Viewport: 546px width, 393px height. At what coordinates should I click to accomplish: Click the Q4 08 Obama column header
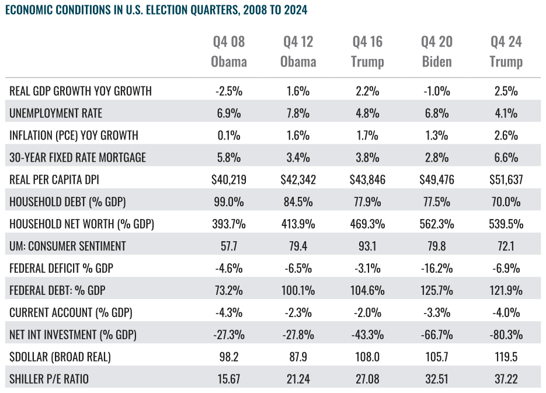point(229,51)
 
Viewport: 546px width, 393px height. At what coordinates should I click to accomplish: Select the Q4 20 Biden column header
point(437,51)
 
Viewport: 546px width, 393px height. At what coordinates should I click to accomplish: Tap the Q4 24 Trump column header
point(506,51)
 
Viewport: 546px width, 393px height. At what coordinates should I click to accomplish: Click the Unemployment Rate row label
point(55,113)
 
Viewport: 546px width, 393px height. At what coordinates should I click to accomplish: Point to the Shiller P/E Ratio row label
point(49,379)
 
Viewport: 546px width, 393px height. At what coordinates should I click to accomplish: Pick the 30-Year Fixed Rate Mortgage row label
point(78,157)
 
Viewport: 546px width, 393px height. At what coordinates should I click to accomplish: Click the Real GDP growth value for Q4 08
point(229,91)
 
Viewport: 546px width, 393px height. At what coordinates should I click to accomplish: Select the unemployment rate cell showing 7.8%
point(298,113)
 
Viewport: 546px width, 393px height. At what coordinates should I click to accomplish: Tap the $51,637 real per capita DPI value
point(506,180)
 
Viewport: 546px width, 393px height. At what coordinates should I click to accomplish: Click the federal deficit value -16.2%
point(437,269)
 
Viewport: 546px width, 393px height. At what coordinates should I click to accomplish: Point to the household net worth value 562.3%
point(437,224)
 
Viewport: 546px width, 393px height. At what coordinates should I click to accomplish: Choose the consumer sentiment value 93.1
point(367,246)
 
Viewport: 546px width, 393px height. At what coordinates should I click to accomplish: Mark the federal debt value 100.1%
point(298,290)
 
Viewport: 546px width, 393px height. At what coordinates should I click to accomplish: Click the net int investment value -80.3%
point(506,335)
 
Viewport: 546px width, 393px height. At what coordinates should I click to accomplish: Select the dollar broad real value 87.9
point(298,357)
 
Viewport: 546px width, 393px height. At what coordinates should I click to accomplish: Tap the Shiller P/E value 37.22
point(506,379)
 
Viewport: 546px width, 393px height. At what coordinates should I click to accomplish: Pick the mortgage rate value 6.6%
point(506,157)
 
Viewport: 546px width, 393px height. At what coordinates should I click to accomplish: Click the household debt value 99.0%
point(229,202)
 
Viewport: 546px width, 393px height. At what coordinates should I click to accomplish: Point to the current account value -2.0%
point(367,312)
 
